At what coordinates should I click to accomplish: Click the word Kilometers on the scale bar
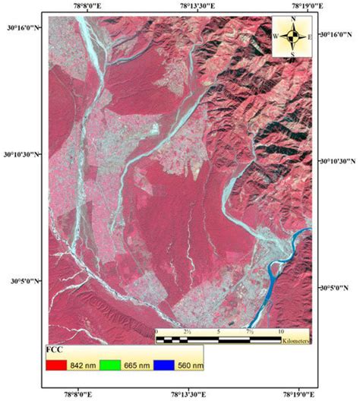[294, 342]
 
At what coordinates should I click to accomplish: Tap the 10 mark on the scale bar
[280, 332]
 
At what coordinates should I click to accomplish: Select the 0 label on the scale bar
[157, 332]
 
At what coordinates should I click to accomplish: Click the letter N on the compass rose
[292, 18]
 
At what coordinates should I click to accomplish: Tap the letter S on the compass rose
[292, 54]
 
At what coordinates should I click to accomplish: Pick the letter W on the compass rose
[276, 36]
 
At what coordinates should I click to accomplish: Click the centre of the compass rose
[292, 36]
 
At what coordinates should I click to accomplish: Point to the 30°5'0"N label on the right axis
[336, 289]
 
